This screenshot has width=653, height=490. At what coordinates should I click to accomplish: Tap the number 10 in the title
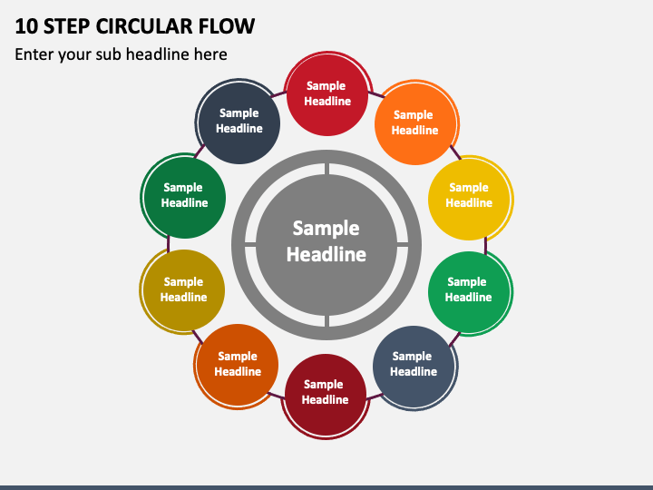tap(26, 26)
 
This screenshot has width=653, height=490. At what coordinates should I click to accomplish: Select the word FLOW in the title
tap(226, 26)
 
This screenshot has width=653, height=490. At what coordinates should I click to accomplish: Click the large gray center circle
tap(326, 245)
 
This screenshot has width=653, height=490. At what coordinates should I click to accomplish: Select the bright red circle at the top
tap(327, 94)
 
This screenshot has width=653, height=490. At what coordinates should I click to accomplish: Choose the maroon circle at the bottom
tap(326, 395)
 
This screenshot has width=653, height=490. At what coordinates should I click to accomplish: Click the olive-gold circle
tap(183, 290)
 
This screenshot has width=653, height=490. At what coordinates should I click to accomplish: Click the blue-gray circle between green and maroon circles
tap(414, 367)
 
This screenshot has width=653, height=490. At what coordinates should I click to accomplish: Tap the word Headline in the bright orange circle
tap(414, 131)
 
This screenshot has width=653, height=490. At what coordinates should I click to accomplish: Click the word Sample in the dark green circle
tap(183, 188)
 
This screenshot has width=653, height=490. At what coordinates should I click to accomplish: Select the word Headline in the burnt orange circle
tap(238, 372)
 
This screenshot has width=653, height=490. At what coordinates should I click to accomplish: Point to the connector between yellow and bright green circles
tap(485, 245)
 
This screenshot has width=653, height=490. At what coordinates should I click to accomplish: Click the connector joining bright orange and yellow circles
tap(455, 152)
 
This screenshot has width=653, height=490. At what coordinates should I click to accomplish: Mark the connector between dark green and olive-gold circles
tap(169, 244)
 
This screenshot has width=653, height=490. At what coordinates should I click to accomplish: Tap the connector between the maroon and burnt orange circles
tap(276, 395)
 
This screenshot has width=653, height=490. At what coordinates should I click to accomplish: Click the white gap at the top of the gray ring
tap(326, 169)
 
